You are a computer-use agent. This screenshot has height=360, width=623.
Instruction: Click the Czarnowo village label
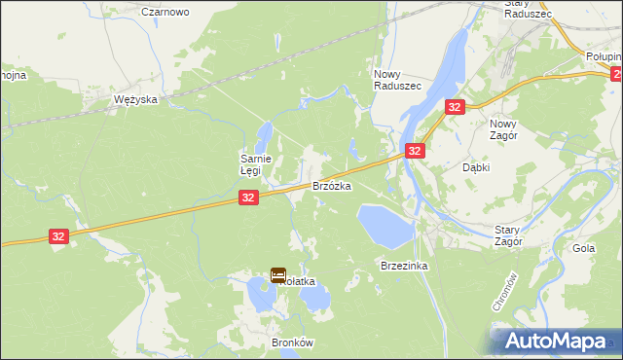point(165,12)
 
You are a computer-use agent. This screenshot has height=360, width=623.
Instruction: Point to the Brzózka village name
point(331,185)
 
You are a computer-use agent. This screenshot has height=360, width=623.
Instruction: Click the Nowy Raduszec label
point(397,80)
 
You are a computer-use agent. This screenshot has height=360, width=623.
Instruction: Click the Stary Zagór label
point(507,234)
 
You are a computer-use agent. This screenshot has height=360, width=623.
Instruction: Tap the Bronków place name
point(292,343)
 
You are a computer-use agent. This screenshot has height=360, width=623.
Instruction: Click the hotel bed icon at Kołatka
point(277,275)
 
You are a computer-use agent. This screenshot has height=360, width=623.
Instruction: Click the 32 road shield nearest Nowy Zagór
point(455,106)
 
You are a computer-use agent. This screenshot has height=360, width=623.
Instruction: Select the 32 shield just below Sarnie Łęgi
point(248,198)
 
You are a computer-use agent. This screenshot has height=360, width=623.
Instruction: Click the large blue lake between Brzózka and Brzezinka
point(384,224)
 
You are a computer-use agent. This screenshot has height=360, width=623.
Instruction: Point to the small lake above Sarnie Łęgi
point(265,134)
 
